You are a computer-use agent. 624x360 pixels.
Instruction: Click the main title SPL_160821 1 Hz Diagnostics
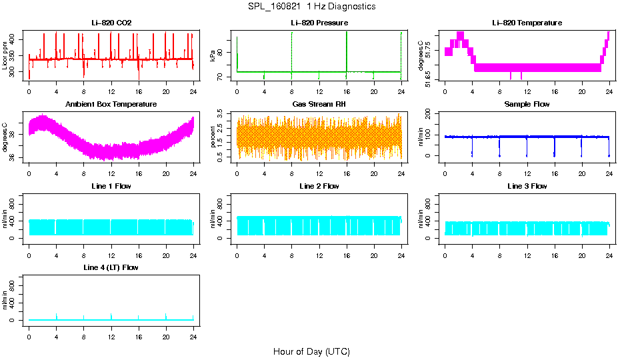[x=311, y=6]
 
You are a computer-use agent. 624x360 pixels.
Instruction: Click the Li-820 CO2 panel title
[x=111, y=23]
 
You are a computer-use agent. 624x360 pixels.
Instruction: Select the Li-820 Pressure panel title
[x=319, y=23]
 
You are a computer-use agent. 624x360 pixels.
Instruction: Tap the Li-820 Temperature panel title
[x=527, y=23]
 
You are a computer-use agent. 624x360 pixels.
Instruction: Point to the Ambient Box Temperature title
[x=111, y=104]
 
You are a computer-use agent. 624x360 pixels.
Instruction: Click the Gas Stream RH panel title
[x=319, y=104]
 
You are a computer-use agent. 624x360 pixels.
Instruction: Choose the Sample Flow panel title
[x=527, y=104]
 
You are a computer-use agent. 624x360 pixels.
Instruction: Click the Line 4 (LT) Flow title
[x=111, y=267]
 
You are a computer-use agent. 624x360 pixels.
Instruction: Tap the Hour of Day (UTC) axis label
[x=311, y=351]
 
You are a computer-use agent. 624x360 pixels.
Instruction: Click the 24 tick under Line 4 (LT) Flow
[x=193, y=336]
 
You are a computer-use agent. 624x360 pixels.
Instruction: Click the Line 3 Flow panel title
[x=527, y=186]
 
